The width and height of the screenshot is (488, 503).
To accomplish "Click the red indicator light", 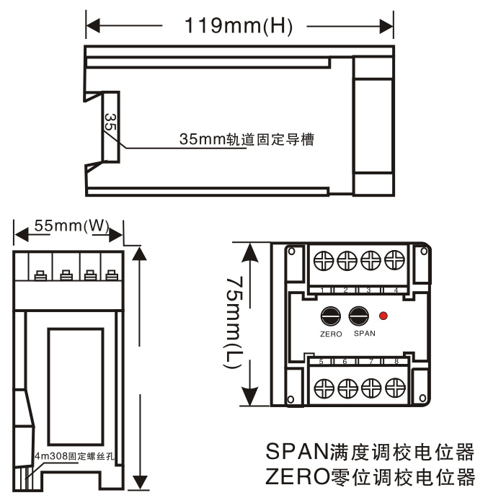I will pos(383,316).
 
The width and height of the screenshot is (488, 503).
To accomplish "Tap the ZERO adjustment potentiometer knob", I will pos(331,316).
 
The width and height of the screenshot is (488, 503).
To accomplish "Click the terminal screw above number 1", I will pos(324,260).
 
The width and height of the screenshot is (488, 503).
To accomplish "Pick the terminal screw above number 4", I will pos(393,260).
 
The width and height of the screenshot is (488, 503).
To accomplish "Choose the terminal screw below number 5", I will pos(324,387).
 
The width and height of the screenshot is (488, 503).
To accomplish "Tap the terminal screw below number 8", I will pos(393,387).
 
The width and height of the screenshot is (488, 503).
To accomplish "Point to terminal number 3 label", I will pos(369,290).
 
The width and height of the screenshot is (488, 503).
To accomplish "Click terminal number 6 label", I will pos(345,361).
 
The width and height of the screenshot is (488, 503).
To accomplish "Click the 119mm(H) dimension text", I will pos(238,27).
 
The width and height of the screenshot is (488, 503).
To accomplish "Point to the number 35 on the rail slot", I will pos(110,122).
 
